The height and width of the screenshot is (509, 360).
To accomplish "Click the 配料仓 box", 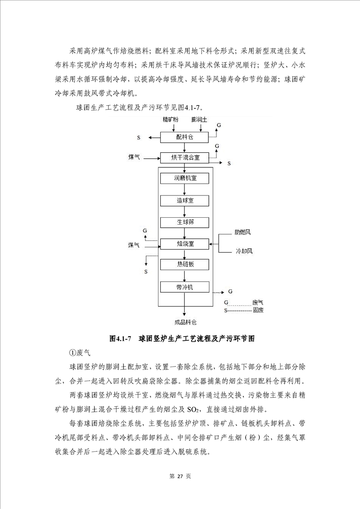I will (184, 137).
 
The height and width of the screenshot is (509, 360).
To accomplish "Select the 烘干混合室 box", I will (184, 157).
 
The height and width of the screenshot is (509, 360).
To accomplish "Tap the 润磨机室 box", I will (184, 178).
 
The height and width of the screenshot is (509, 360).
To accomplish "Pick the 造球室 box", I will (184, 200).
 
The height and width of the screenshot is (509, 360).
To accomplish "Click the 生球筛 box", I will (184, 222).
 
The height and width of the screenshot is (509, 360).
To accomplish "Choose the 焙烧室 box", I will (184, 244).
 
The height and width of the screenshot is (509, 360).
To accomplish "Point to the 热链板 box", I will (184, 265).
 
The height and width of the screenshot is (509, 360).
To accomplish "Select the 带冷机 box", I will (184, 287).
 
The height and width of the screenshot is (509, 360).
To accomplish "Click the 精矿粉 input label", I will (171, 119).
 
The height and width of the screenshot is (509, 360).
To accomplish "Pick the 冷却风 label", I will (242, 251).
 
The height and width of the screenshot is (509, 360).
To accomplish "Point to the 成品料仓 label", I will (185, 323).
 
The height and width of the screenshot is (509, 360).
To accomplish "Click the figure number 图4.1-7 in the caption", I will (120, 339).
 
